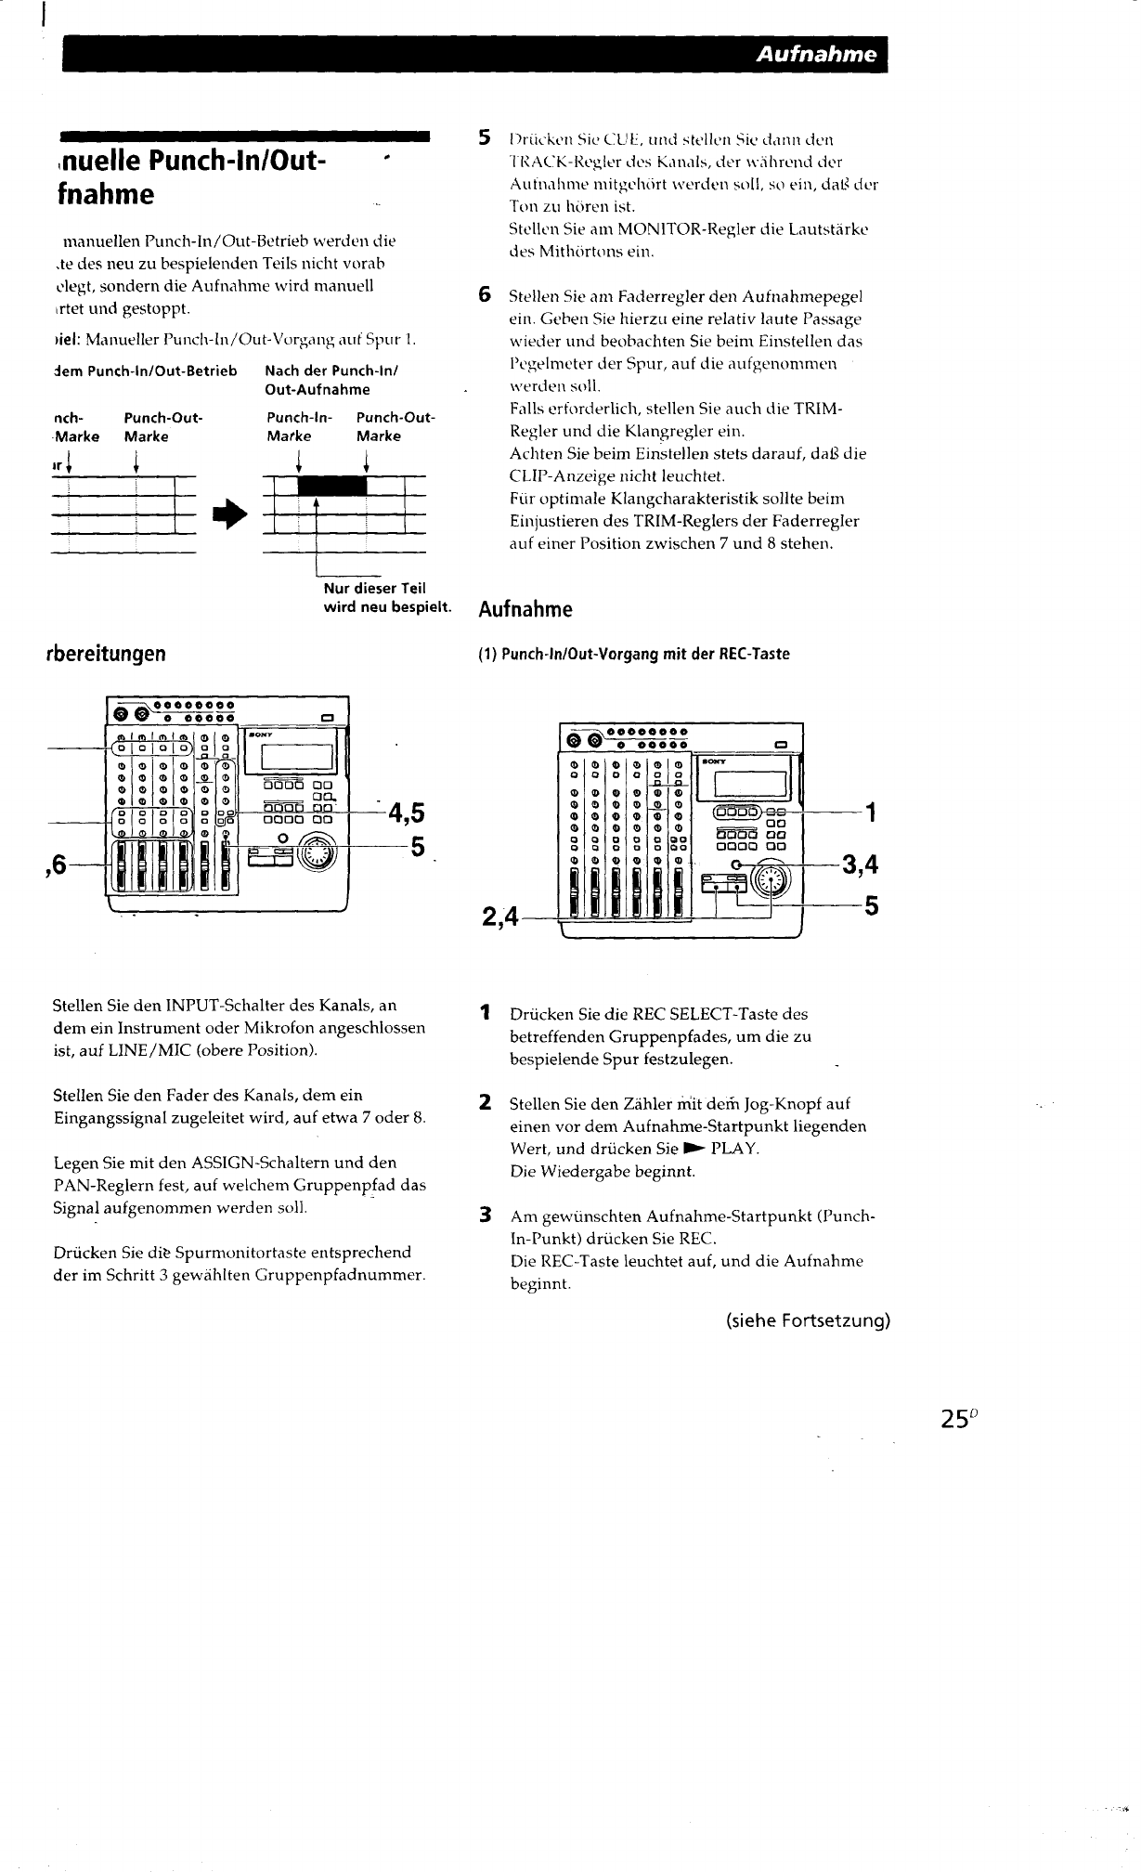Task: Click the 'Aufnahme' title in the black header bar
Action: coord(816,54)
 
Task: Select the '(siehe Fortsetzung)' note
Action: coord(808,1320)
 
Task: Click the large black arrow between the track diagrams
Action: coord(226,513)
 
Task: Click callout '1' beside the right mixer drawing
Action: coord(870,814)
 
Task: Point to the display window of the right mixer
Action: coord(747,773)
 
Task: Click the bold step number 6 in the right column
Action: coord(484,296)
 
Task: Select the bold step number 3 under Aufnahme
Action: coord(484,1215)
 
